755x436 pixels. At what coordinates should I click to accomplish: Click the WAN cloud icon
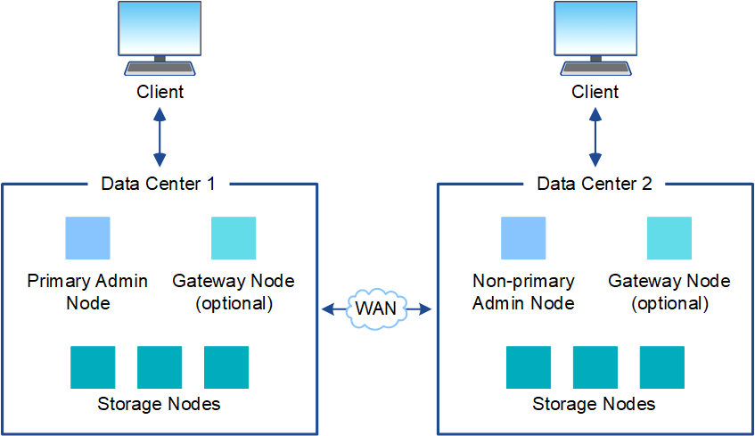(376, 308)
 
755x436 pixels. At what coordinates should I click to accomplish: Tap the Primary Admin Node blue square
(88, 238)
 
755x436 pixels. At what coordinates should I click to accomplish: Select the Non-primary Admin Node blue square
(523, 238)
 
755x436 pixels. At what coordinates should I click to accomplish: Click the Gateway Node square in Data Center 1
(234, 238)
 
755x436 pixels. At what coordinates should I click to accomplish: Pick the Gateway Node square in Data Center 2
(669, 238)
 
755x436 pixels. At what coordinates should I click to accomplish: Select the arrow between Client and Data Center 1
(160, 137)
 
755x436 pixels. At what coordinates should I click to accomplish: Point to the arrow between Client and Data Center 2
(595, 137)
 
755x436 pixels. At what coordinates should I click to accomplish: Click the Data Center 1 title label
(159, 184)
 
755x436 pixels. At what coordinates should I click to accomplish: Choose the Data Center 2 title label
(595, 184)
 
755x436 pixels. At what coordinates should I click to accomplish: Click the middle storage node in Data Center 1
(160, 366)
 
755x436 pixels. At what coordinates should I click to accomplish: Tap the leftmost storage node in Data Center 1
(93, 366)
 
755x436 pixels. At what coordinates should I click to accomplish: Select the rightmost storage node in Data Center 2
(662, 366)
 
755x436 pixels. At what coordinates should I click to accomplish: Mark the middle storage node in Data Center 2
(595, 366)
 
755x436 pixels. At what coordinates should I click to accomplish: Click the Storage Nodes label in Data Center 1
(159, 404)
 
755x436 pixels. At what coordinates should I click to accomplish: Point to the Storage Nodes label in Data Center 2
(595, 404)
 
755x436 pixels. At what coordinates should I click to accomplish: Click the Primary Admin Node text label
(87, 292)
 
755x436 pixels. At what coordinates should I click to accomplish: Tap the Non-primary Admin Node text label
(523, 292)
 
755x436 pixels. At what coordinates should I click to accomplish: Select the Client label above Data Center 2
(595, 91)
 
